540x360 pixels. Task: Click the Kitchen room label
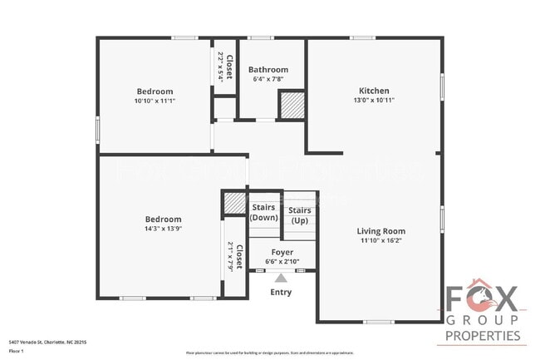point(374,91)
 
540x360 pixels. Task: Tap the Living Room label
point(380,231)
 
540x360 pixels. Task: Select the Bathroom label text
point(268,70)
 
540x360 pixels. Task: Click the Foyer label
point(282,251)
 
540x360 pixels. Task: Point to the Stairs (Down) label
point(264,212)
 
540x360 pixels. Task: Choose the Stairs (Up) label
point(300,215)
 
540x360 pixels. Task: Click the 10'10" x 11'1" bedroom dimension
point(155,101)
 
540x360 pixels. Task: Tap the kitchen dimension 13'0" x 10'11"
point(374,101)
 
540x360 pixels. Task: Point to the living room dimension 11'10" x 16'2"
point(380,241)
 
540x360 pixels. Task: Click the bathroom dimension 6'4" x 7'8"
point(268,80)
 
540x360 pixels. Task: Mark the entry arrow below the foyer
point(281,279)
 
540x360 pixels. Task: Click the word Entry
point(281,292)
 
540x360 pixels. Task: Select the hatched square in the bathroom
point(290,105)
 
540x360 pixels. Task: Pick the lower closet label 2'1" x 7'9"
point(235,257)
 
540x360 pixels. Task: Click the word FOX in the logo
point(483,298)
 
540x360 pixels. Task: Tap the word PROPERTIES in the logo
point(483,336)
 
